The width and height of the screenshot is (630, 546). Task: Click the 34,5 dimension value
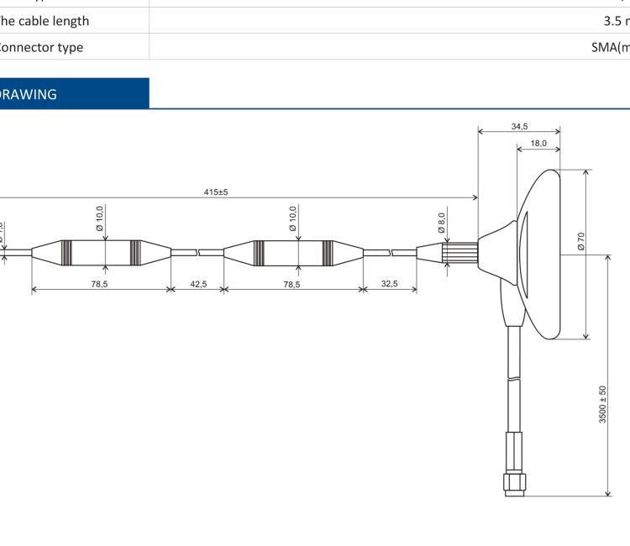point(519,126)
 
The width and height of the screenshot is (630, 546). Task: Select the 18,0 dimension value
point(538,144)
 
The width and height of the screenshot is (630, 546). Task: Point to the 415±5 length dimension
point(216,192)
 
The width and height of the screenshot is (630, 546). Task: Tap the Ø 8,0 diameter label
point(442,224)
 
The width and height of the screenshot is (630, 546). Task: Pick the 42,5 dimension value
point(198,285)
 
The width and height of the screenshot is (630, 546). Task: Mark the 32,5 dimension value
point(390,285)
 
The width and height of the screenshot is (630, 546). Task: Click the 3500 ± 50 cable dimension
point(602,405)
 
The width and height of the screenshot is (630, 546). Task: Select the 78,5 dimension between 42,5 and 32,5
point(291,285)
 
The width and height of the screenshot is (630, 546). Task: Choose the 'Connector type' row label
point(42,47)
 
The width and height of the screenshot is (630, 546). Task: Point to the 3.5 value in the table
point(615,20)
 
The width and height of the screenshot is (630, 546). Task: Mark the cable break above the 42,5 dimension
point(198,251)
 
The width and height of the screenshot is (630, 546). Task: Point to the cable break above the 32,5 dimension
point(391,251)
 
